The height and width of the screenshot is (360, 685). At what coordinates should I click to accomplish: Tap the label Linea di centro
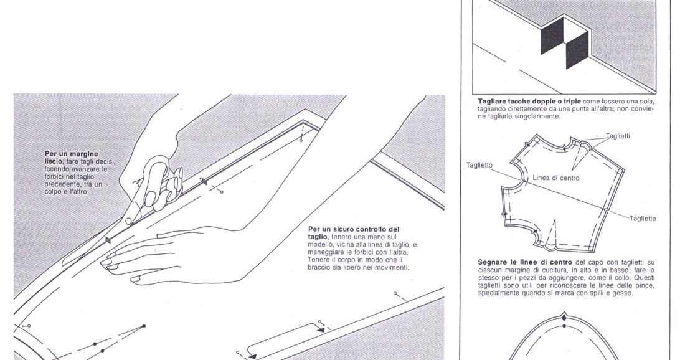click(x=556, y=178)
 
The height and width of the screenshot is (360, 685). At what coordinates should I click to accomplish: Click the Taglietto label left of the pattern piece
click(x=479, y=165)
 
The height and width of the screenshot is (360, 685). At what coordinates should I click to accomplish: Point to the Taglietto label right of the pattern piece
click(x=642, y=219)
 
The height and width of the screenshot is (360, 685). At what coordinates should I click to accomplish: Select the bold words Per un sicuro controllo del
click(x=354, y=229)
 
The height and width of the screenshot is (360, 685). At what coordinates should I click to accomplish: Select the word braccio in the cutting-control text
click(x=320, y=267)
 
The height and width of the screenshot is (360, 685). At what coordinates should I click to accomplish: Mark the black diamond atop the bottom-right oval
click(x=564, y=318)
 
